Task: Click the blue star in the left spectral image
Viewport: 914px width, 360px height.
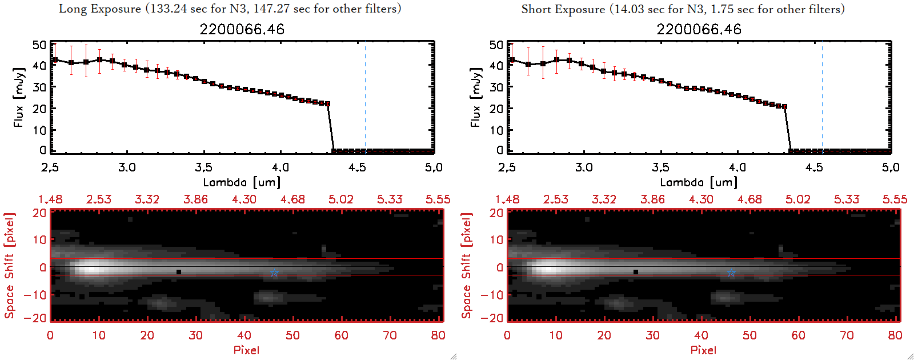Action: pyautogui.click(x=274, y=273)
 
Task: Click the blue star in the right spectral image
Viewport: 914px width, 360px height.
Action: pyautogui.click(x=731, y=273)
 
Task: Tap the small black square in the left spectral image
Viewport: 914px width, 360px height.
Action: pyautogui.click(x=179, y=272)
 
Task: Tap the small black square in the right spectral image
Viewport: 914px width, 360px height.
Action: pyautogui.click(x=636, y=272)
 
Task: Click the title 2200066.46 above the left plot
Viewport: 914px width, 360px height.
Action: pyautogui.click(x=242, y=30)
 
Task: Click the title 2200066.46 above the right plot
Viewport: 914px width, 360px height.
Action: pyautogui.click(x=699, y=30)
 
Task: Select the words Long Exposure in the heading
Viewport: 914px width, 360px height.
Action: pyautogui.click(x=100, y=9)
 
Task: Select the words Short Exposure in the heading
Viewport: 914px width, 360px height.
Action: pyautogui.click(x=563, y=9)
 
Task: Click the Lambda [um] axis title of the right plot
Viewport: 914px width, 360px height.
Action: pyautogui.click(x=699, y=182)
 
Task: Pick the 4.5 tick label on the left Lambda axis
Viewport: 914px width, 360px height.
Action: pyautogui.click(x=357, y=167)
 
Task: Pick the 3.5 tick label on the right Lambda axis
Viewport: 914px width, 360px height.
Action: pyautogui.click(x=660, y=167)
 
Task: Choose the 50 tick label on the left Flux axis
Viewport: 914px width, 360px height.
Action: pyautogui.click(x=39, y=45)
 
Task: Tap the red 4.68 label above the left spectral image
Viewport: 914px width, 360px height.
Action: pyautogui.click(x=292, y=199)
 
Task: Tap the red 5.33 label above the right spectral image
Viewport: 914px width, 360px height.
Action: pyautogui.click(x=846, y=199)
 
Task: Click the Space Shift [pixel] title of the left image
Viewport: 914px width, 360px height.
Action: pyautogui.click(x=10, y=266)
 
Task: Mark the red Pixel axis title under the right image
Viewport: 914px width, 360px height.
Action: pyautogui.click(x=703, y=350)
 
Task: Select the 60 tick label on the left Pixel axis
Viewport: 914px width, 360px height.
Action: pyautogui.click(x=341, y=335)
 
